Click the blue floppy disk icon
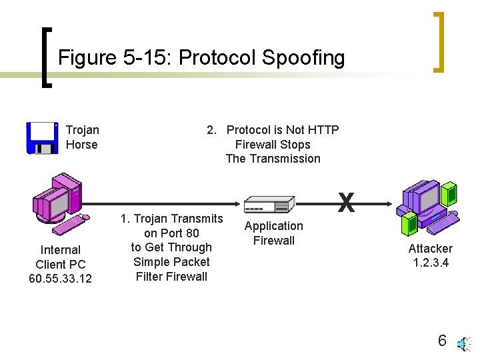tap(42, 138)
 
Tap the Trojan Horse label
tap(82, 137)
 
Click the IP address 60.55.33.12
tap(61, 279)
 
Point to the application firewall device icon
tap(269, 205)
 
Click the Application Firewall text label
tap(273, 233)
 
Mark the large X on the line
tap(345, 203)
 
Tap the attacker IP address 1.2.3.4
tap(430, 263)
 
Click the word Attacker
tap(430, 249)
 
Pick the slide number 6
tap(442, 341)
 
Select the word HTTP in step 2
tap(323, 130)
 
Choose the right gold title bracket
tap(439, 41)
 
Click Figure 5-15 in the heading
tap(115, 58)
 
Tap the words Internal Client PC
tap(61, 257)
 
